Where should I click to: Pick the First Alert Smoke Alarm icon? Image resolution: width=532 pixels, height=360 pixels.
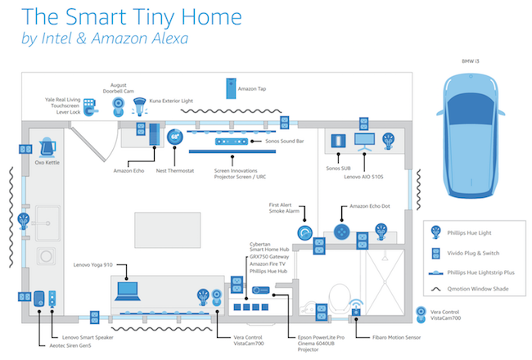(x=304, y=232)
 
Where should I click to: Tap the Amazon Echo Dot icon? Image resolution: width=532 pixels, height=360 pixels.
(x=338, y=232)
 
